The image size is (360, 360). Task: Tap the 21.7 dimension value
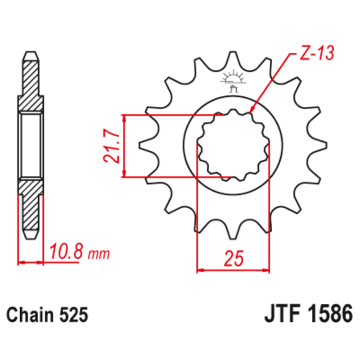pyautogui.click(x=110, y=146)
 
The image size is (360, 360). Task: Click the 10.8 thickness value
pyautogui.click(x=66, y=252)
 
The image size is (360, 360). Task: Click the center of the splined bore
pyautogui.click(x=234, y=145)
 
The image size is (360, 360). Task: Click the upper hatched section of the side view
pyautogui.click(x=31, y=83)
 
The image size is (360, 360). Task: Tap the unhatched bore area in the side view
pyautogui.click(x=31, y=145)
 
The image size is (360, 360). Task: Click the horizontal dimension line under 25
pyautogui.click(x=234, y=271)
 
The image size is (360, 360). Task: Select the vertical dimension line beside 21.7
pyautogui.click(x=125, y=145)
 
